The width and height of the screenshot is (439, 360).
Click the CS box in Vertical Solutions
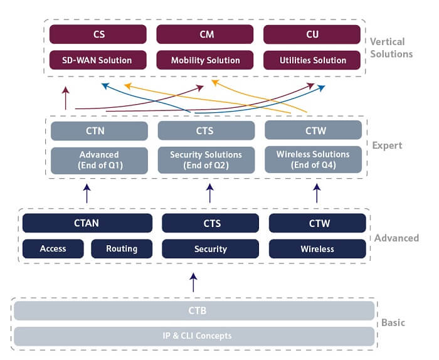tap(98, 34)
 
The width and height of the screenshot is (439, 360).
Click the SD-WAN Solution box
tap(98, 60)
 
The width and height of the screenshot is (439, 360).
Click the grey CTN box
tap(99, 130)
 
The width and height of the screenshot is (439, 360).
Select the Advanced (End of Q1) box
tap(99, 160)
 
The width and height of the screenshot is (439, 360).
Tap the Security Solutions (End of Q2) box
tap(206, 160)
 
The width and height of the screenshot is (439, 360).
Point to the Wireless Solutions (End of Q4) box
tap(313, 160)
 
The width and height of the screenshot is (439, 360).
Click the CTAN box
tap(87, 223)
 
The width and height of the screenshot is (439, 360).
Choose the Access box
tap(53, 248)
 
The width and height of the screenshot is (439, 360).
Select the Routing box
tap(122, 248)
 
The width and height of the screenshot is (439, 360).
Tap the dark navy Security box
tap(211, 248)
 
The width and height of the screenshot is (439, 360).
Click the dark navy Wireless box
tap(317, 248)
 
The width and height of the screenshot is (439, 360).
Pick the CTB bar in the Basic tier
tap(194, 310)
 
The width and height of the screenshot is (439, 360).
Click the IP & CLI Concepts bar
tap(194, 336)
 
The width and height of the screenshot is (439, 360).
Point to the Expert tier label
tap(387, 146)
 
